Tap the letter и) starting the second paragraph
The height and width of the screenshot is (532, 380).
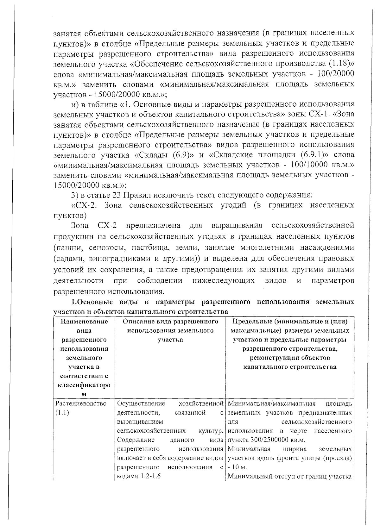pos(74,104)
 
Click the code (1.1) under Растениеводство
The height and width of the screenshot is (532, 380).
pos(62,413)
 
